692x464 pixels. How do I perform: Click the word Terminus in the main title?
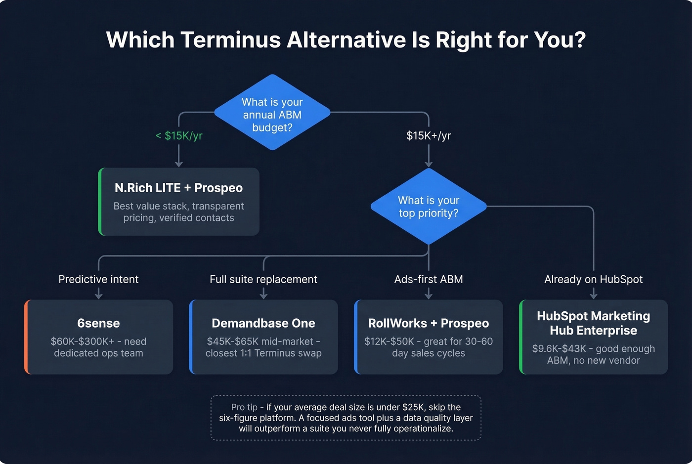[x=230, y=40]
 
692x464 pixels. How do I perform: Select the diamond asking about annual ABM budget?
[x=272, y=113]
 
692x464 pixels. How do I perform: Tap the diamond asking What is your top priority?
[x=429, y=207]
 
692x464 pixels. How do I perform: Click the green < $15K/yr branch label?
[x=179, y=135]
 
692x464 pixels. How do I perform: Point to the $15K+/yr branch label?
[x=429, y=135]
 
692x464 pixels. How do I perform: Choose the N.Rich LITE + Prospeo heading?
[x=178, y=188]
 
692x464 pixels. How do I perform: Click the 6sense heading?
[x=98, y=323]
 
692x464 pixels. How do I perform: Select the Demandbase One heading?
[x=263, y=323]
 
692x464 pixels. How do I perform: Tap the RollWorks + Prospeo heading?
[x=429, y=323]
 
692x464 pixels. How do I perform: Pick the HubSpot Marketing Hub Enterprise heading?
[x=593, y=323]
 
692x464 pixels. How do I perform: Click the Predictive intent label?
[x=98, y=279]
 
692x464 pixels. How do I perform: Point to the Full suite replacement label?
[x=263, y=279]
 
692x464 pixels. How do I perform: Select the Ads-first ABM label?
[x=429, y=279]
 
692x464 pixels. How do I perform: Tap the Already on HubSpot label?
[x=593, y=279]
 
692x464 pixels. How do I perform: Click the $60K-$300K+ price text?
[x=82, y=341]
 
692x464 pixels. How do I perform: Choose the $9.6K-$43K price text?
[x=559, y=349]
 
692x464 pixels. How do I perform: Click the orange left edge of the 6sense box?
[x=26, y=337]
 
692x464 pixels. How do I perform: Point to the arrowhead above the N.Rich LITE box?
[x=179, y=164]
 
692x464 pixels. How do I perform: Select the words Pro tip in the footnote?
[x=244, y=407]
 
